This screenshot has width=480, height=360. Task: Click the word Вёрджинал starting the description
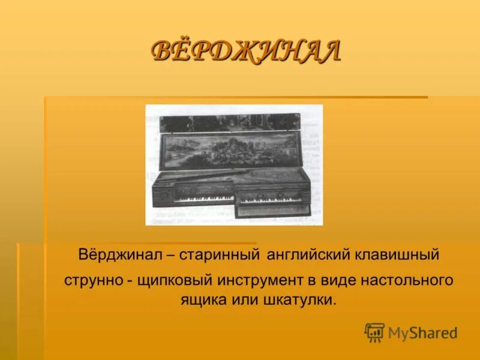point(118,255)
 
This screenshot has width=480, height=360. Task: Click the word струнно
point(92,280)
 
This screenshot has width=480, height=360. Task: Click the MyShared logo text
point(422,333)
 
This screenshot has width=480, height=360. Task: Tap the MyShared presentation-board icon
point(374,332)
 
